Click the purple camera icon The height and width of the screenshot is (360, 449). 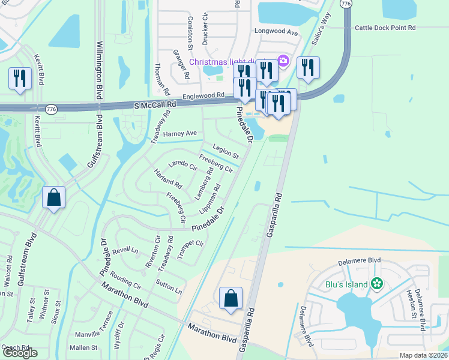click(284, 61)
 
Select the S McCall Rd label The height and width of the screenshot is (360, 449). click(155, 104)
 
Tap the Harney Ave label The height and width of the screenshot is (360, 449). click(179, 133)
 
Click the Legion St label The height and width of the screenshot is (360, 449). click(225, 153)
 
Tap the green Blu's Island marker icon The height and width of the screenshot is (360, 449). click(377, 284)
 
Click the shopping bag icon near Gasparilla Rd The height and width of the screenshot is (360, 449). click(231, 298)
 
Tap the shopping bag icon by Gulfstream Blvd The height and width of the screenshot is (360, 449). click(54, 197)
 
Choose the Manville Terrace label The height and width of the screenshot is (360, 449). click(93, 325)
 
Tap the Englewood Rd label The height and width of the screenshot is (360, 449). click(203, 95)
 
